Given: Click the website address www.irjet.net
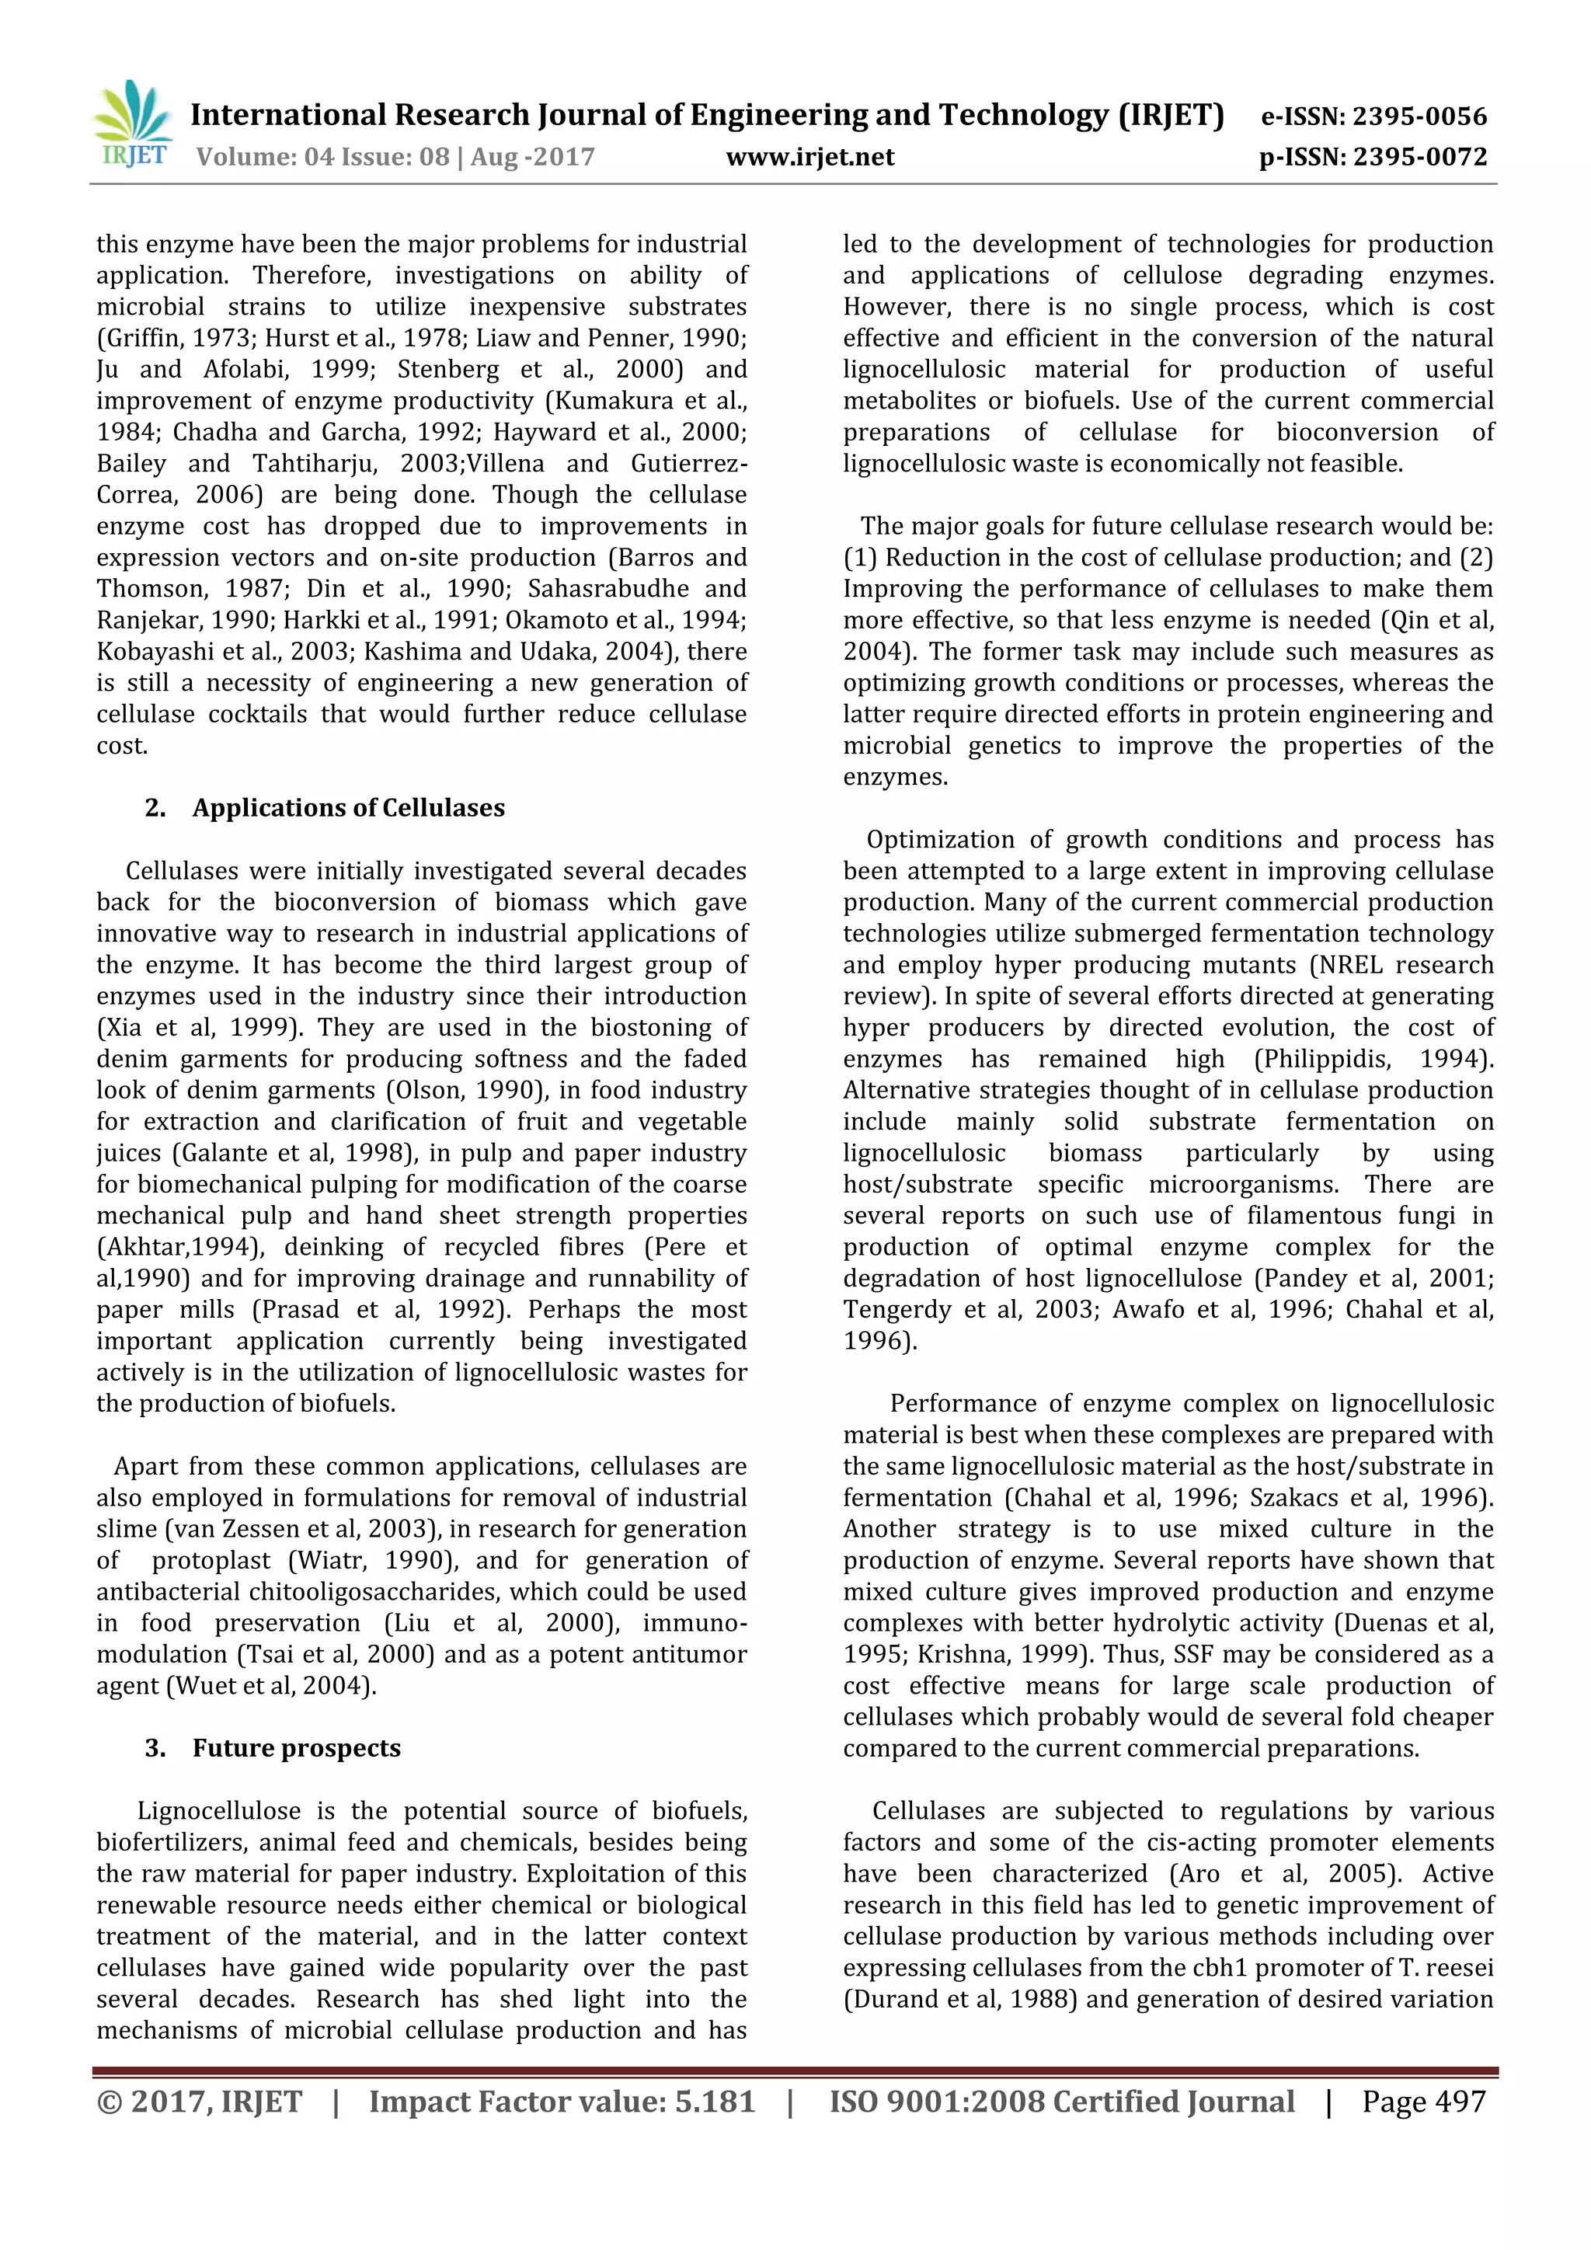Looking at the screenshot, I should [809, 157].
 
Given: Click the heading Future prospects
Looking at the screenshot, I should [296, 1748].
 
